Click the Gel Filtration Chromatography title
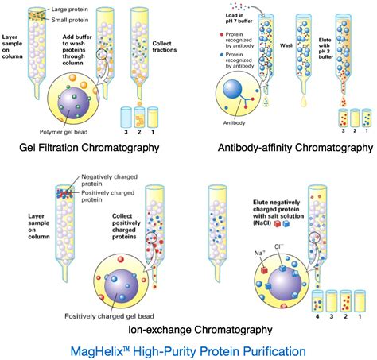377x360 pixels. pos(89,148)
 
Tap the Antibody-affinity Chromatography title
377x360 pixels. pos(295,148)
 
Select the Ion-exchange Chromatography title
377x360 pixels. pos(200,330)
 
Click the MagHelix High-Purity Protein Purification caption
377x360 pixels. pos(188,351)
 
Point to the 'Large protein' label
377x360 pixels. pos(69,10)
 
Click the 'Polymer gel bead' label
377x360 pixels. pos(64,132)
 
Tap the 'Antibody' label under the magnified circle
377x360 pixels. pos(234,123)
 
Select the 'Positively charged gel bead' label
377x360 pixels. pos(109,316)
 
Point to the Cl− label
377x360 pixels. pos(278,246)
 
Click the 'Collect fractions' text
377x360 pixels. pos(165,47)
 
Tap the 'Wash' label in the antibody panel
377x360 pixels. pos(287,45)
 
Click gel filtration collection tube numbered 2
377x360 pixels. pos(139,117)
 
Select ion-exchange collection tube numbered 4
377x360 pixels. pos(317,301)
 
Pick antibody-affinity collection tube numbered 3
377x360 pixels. pos(343,118)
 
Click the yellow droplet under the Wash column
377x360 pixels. pos(304,101)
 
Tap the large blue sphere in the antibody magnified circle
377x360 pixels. pos(232,89)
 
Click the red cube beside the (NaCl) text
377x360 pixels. pos(278,224)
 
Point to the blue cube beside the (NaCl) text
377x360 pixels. pos(286,224)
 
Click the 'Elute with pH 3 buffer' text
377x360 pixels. pos(325,48)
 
